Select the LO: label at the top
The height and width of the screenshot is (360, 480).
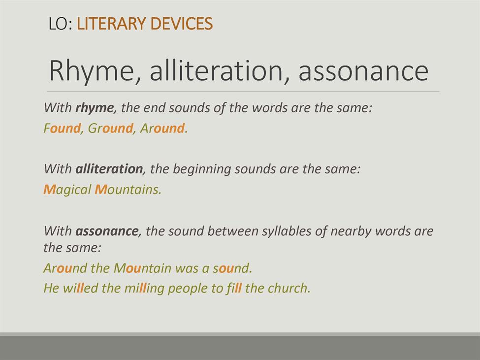tap(61, 24)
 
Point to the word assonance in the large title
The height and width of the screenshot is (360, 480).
tap(364, 71)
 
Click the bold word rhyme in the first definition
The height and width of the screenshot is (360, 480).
tap(95, 108)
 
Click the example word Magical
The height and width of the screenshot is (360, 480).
tap(67, 190)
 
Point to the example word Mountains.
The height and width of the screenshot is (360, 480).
tap(128, 190)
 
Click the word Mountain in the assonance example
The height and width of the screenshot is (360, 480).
tap(142, 268)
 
